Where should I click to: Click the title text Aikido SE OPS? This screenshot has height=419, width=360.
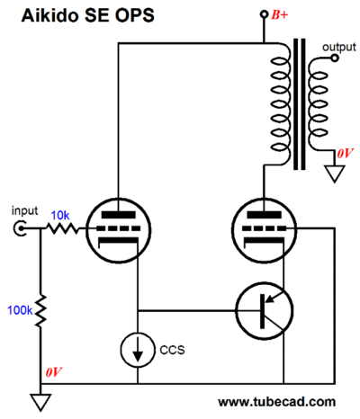pos(87,15)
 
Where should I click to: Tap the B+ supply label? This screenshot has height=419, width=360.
pos(279,14)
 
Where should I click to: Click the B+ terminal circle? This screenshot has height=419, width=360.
pos(264,13)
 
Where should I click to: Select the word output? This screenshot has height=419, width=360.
pos(339,47)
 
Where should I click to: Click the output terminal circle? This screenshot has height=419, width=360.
pos(335,58)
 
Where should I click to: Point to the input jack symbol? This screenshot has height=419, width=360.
pos(20,228)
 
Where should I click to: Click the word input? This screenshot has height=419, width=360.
pos(24,210)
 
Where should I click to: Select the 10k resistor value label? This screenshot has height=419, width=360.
pos(60,215)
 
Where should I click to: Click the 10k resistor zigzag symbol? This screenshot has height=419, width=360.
pos(61,229)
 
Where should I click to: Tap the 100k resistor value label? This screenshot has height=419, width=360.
pos(20,310)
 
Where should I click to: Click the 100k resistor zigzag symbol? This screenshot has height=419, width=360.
pos(40,311)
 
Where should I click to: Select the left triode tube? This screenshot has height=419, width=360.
pos(118,230)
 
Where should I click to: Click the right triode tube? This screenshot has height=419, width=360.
pos(265,230)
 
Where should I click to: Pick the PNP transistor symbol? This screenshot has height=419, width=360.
pos(265,311)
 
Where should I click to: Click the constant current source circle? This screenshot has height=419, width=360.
pos(138,350)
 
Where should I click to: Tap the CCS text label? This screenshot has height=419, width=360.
pos(172,350)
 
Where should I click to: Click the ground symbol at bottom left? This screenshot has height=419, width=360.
pos(40,402)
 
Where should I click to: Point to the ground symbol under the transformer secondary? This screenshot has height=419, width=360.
pos(335,174)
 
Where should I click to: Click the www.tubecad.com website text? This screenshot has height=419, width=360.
pos(276,402)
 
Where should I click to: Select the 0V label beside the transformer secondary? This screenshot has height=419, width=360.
pos(345,154)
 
